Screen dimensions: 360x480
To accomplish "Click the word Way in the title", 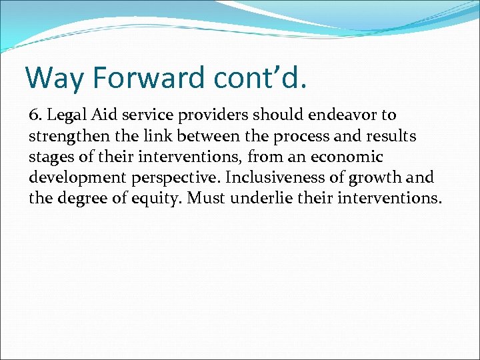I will pos(55,77).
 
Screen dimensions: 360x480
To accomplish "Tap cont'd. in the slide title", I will pos(261,77).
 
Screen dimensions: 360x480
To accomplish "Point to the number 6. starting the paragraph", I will pos(35,115).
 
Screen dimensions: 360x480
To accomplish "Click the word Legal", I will pos(63,116).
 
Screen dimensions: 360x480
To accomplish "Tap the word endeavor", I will pos(343,115).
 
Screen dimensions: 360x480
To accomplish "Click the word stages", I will pos(49,157).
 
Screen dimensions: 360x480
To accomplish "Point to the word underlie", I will pos(286,198).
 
